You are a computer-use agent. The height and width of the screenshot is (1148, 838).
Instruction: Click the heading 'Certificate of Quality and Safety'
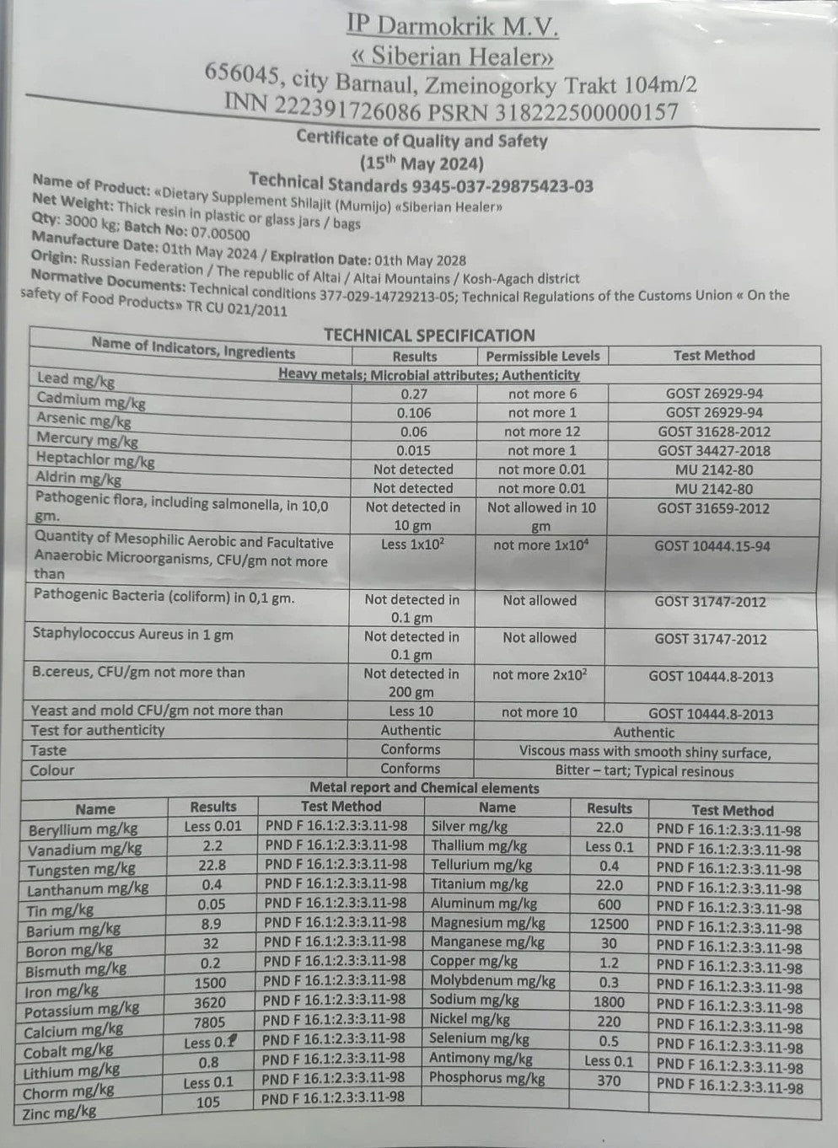(x=422, y=140)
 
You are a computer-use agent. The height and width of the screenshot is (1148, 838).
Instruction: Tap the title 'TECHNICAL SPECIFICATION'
(x=429, y=335)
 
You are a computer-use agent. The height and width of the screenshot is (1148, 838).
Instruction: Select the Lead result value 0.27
(x=413, y=394)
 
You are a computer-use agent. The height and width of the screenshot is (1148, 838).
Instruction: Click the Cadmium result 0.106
(x=413, y=413)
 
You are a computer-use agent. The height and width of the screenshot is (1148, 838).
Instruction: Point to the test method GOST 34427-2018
(x=713, y=451)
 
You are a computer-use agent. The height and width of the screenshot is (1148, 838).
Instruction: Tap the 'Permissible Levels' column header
(x=542, y=356)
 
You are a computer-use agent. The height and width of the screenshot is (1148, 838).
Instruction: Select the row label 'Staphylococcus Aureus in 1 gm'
(x=132, y=634)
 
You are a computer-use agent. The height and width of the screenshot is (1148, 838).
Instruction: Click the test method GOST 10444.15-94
(x=712, y=546)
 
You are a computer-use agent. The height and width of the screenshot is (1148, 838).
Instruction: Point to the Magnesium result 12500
(x=609, y=924)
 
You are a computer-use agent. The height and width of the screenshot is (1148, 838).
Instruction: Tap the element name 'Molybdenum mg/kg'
(x=492, y=981)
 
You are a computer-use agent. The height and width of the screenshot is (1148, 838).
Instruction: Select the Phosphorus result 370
(x=608, y=1081)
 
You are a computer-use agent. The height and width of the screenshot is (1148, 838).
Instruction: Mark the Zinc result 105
(x=207, y=1102)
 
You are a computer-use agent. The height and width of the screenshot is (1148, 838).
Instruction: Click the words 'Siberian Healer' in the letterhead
(x=454, y=58)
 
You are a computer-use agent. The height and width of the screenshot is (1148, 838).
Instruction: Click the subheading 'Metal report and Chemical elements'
(x=424, y=788)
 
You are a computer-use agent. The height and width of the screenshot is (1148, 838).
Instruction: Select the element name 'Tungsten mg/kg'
(x=81, y=869)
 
